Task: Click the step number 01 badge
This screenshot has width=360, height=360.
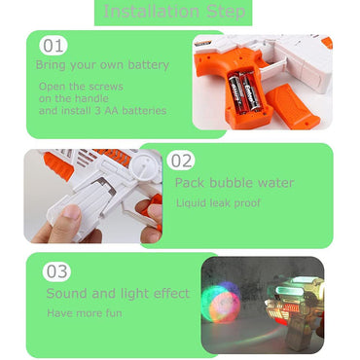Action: [x=54, y=46]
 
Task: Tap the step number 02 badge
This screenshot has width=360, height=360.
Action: [x=181, y=161]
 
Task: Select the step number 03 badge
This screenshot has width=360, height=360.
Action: [x=56, y=271]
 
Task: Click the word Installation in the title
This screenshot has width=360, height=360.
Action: [x=151, y=12]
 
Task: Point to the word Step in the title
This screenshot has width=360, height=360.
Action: [x=226, y=12]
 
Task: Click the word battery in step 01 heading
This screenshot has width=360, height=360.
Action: [x=148, y=65]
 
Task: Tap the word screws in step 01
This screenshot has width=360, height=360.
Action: [x=106, y=87]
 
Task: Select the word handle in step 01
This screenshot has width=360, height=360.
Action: [x=91, y=98]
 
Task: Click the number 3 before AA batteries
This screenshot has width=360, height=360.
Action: [x=97, y=111]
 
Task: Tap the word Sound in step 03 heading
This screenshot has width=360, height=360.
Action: [x=67, y=294]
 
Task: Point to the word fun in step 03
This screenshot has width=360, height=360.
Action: [x=114, y=313]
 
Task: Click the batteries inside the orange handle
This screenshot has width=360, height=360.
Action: [x=245, y=91]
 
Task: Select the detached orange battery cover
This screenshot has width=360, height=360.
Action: [x=293, y=106]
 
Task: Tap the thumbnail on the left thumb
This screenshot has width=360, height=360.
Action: [x=72, y=212]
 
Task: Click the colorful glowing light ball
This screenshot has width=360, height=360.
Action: [x=220, y=303]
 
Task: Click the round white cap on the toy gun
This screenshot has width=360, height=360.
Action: [x=144, y=163]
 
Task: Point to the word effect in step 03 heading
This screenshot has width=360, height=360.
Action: [x=171, y=293]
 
